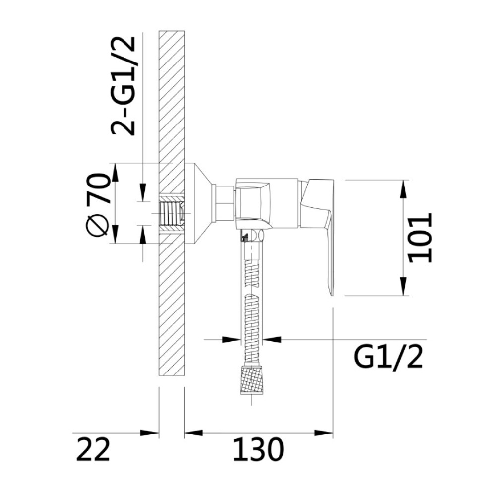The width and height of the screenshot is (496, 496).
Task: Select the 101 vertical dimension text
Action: tap(420, 238)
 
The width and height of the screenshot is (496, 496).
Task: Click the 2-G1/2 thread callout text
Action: tap(123, 86)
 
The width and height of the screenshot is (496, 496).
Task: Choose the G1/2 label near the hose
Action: tap(387, 357)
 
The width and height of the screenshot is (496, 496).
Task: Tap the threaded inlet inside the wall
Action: tap(172, 213)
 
